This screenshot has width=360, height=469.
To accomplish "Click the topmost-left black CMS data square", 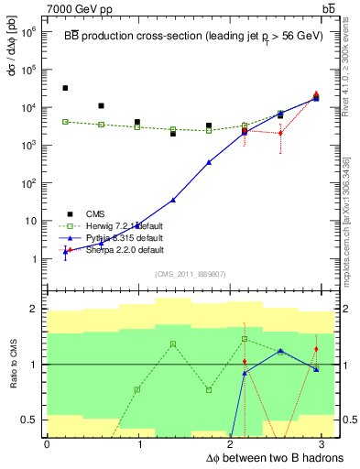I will [65, 88].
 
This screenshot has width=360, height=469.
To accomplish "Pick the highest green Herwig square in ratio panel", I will [245, 339].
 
